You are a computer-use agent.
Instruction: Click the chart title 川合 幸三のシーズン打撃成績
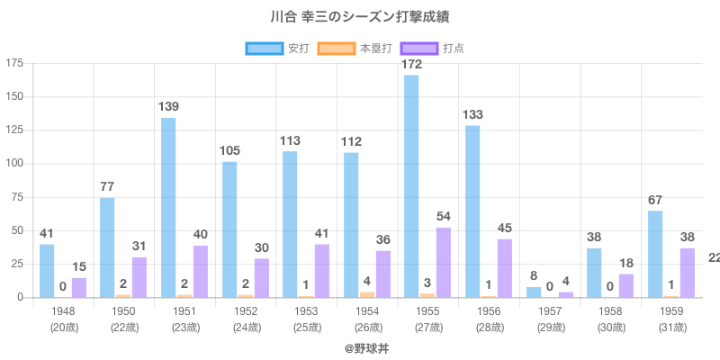[359, 17]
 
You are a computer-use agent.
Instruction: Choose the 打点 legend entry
[432, 48]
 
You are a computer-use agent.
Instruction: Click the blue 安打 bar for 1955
[411, 186]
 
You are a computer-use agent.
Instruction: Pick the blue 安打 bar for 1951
[168, 208]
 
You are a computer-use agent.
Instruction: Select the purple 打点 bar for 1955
[444, 262]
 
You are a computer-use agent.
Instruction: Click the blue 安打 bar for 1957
[534, 292]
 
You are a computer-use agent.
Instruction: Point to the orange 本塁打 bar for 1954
[367, 294]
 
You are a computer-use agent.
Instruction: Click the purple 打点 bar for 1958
[626, 285]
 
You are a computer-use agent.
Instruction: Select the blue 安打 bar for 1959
[655, 254]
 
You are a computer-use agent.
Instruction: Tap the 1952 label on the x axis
[245, 310]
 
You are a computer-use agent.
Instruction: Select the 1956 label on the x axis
[489, 310]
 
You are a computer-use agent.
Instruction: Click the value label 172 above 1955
[411, 65]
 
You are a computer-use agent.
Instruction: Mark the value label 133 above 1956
[472, 114]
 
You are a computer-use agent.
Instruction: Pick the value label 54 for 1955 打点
[444, 217]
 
